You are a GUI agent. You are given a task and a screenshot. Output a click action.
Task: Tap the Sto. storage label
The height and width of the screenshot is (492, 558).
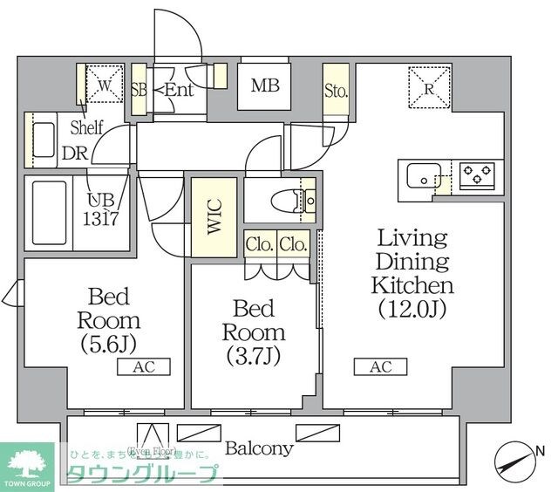coord(337,90)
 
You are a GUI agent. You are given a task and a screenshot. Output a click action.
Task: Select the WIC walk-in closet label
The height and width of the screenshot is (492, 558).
coord(214,217)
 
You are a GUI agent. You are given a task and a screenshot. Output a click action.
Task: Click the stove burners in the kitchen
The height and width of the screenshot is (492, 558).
coord(478,176)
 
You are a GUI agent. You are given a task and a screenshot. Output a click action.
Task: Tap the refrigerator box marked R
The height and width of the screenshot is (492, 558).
coord(429,85)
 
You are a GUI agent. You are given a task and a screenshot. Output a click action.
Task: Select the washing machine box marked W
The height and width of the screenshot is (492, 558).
coord(102,85)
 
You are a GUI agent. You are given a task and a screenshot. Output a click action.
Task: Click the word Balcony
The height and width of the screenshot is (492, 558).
coord(259,449)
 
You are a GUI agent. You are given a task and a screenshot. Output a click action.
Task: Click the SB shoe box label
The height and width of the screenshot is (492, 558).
coord(139,88)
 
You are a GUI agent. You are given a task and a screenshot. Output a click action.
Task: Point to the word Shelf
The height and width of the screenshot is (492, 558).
coord(86,127)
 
